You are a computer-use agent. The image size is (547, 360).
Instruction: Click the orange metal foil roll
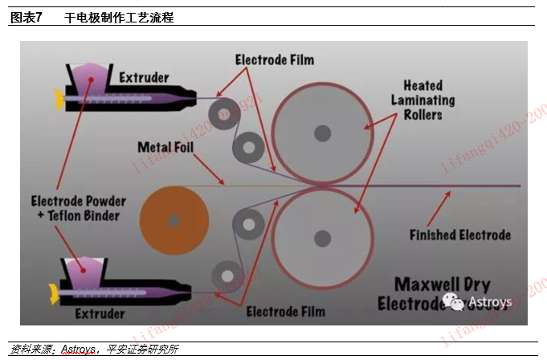tap(174, 218)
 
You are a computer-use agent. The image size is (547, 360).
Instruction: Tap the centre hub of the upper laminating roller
tap(322, 131)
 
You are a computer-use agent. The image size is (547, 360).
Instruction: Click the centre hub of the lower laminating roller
tap(322, 238)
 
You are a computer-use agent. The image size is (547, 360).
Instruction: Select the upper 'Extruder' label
tap(144, 78)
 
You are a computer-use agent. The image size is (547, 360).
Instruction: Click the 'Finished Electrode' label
tap(459, 235)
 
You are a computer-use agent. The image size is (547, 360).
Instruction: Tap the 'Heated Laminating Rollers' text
tap(422, 100)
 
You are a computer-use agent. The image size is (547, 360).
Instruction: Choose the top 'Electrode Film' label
tap(275, 59)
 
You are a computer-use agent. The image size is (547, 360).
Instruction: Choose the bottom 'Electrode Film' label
tap(285, 311)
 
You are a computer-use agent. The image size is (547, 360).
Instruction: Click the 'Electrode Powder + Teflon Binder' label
tap(76, 208)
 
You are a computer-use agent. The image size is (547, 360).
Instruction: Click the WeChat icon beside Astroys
tap(455, 302)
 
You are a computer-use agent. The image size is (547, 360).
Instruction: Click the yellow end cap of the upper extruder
tap(58, 100)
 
